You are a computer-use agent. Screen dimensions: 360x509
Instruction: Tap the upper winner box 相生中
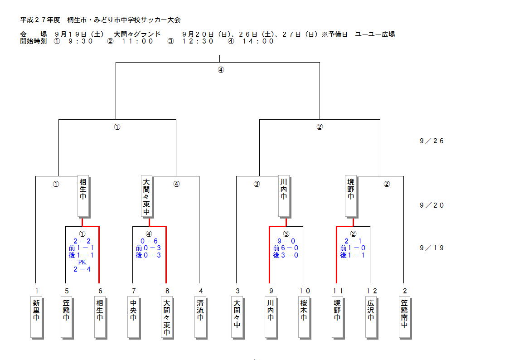click(82, 195)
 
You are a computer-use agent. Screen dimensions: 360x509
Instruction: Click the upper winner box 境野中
click(350, 195)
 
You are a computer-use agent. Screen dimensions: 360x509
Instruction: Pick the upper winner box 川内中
click(284, 195)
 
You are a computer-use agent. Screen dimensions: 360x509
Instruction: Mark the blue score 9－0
click(286, 241)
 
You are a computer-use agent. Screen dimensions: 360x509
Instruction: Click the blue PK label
click(82, 262)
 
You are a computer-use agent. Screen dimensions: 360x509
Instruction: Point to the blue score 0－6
click(149, 241)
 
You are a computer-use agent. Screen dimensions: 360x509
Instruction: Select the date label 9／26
click(431, 141)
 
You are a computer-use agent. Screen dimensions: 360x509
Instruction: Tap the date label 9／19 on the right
click(431, 248)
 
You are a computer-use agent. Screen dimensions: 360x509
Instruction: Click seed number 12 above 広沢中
click(372, 291)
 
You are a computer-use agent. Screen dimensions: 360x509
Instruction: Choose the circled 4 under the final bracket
click(221, 70)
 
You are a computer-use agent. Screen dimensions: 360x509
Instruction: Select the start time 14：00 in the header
click(258, 41)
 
